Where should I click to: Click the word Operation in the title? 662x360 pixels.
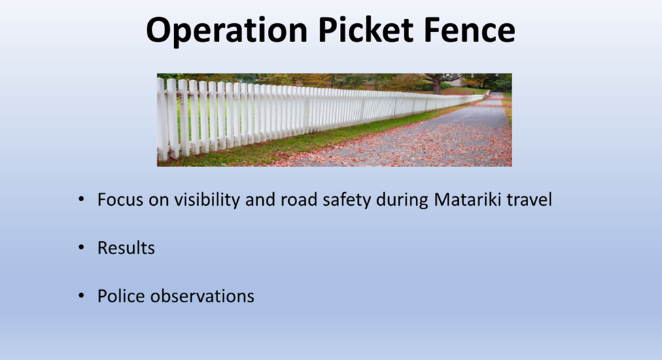coord(227,31)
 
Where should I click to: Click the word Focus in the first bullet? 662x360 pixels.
coord(120,200)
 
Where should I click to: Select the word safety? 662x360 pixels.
coord(347,200)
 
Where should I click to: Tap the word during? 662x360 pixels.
coord(402,200)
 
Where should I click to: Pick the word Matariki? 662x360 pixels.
coord(468,200)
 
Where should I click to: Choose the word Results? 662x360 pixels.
coord(126,248)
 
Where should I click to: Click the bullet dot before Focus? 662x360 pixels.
coord(81,199)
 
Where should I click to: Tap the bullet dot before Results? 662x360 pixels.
coord(81,247)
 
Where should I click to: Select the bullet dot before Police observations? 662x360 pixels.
coord(81,295)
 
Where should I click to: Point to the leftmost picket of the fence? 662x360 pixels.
coord(162,119)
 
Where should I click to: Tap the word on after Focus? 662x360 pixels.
coord(159,201)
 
